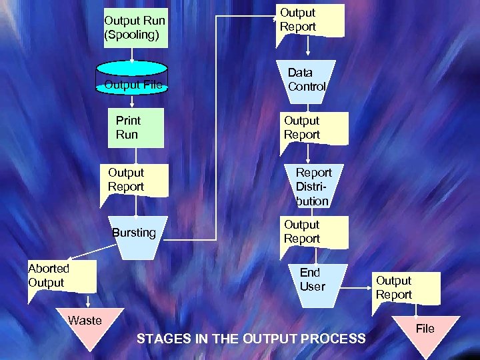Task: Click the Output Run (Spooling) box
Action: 134,28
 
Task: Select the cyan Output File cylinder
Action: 132,78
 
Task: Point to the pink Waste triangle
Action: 85,327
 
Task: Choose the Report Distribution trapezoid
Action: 312,186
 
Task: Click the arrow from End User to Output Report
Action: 360,289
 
